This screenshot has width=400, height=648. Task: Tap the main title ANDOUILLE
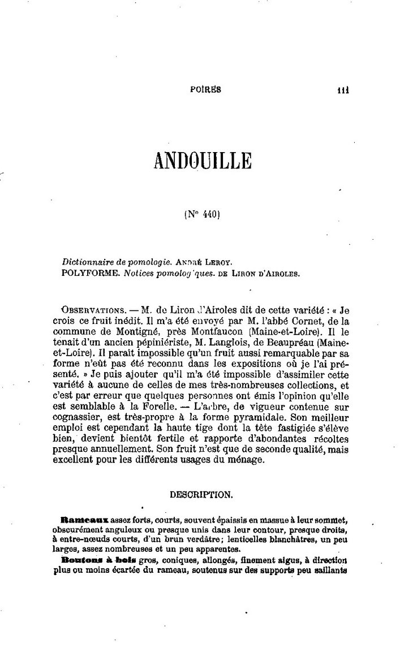pos(202,160)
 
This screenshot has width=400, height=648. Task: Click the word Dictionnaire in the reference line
pos(88,263)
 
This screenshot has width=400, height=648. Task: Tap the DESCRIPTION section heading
pos(201,494)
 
